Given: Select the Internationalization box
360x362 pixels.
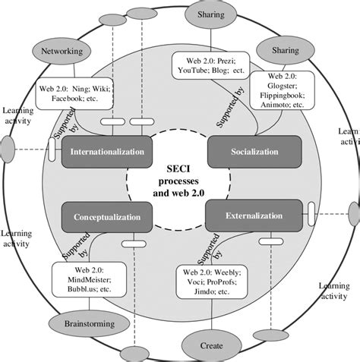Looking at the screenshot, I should (x=106, y=153).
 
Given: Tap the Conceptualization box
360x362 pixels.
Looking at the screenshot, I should (x=106, y=217).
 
